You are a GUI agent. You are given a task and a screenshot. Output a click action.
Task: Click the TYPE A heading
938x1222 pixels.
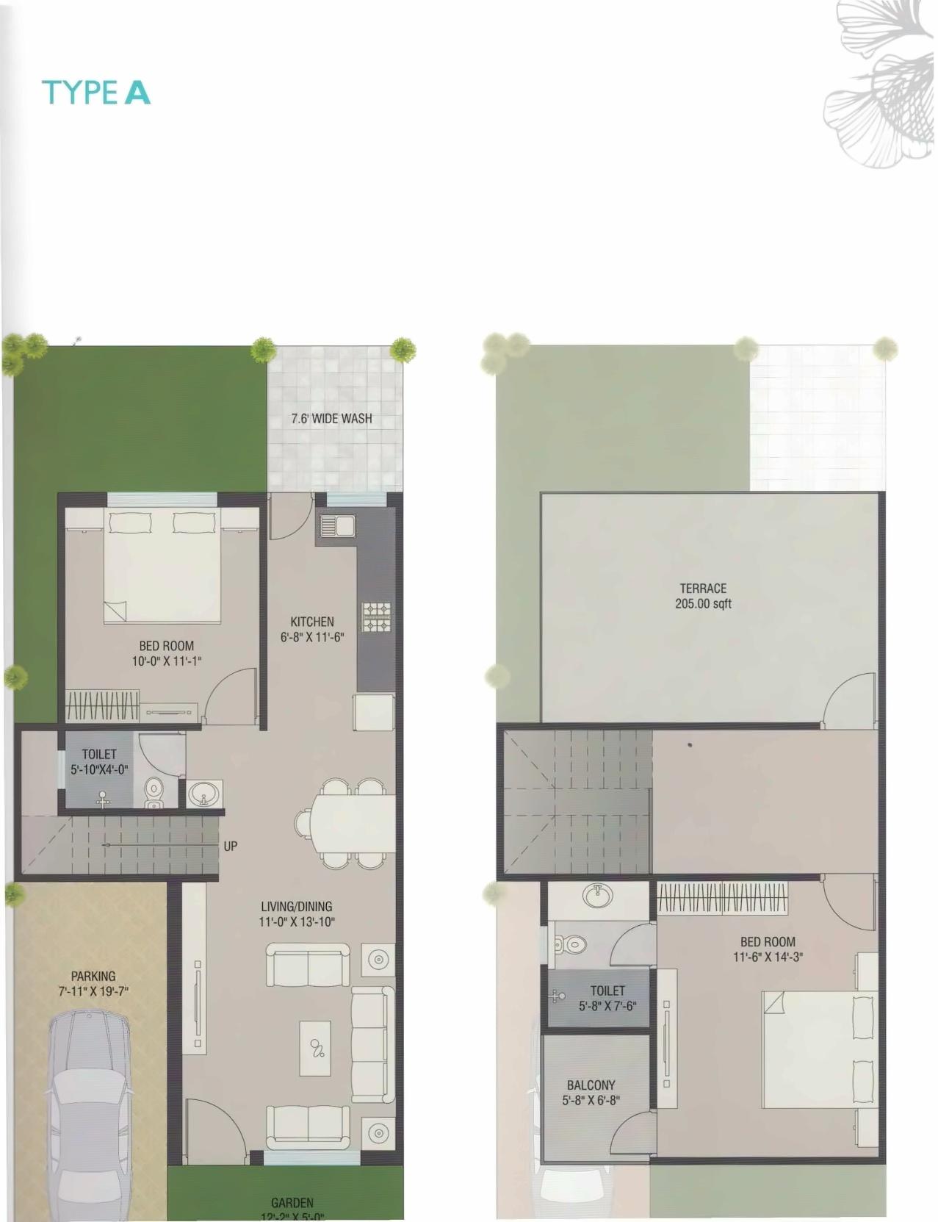[96, 93]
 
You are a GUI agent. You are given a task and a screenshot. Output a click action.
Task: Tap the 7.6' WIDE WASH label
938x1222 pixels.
[331, 419]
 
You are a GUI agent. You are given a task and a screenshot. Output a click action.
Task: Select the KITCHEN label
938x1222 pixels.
[312, 622]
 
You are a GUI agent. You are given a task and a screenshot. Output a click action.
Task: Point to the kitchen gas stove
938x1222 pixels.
[375, 617]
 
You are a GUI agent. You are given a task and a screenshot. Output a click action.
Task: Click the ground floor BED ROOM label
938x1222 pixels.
[167, 646]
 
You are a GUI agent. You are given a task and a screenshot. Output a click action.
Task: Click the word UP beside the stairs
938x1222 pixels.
[231, 846]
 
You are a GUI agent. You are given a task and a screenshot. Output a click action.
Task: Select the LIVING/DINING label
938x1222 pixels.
[297, 906]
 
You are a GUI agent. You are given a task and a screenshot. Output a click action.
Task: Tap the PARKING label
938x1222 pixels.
[93, 976]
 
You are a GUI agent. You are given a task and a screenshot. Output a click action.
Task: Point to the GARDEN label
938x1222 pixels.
[292, 1203]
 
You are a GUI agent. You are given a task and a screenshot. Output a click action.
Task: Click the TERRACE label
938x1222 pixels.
[703, 588]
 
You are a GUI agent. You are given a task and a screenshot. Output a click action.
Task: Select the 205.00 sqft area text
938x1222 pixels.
[703, 604]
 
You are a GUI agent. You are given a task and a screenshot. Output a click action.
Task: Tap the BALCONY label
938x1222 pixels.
[591, 1085]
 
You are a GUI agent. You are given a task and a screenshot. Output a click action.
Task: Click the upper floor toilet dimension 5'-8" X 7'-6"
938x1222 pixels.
[607, 1006]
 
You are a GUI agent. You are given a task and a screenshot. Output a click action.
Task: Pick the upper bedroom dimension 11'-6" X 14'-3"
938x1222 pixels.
[768, 957]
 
